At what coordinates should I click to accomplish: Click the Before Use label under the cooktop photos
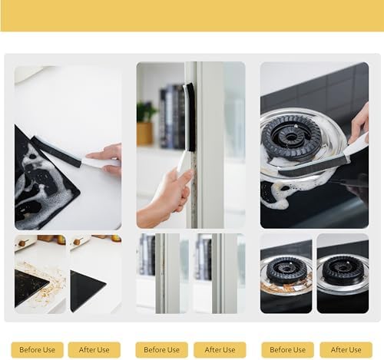pyautogui.click(x=38, y=349)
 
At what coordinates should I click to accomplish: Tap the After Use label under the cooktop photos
pyautogui.click(x=94, y=349)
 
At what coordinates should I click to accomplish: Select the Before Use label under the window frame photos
pyautogui.click(x=161, y=349)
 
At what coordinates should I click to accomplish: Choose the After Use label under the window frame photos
pyautogui.click(x=220, y=349)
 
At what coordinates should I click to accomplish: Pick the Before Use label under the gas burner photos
pyautogui.click(x=287, y=349)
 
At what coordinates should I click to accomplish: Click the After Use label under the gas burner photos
pyautogui.click(x=346, y=349)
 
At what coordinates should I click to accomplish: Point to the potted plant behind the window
pyautogui.click(x=145, y=124)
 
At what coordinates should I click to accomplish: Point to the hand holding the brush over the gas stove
pyautogui.click(x=360, y=124)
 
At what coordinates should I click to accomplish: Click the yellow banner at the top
pyautogui.click(x=192, y=15)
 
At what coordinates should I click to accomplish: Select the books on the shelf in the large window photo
pyautogui.click(x=172, y=117)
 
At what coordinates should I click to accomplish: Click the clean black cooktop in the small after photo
pyautogui.click(x=86, y=289)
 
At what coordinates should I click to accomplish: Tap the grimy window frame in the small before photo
pyautogui.click(x=161, y=273)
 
